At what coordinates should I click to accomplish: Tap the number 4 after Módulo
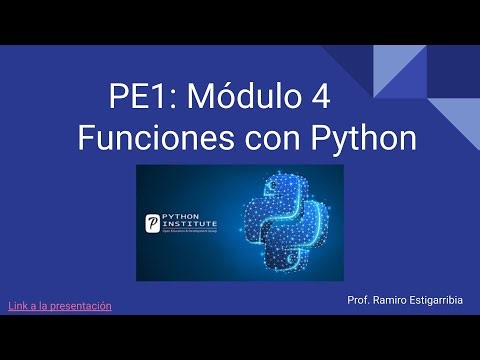[321, 99]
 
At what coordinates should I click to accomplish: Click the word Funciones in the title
[149, 138]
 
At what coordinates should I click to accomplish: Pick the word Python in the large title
[358, 138]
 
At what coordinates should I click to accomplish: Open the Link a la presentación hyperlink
[60, 305]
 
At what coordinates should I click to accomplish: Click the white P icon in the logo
[153, 223]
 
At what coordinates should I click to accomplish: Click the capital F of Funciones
[86, 138]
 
